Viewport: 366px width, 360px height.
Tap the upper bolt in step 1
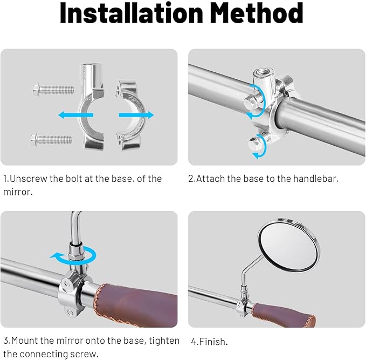(x=54, y=89)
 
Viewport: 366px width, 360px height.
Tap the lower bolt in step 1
(x=51, y=139)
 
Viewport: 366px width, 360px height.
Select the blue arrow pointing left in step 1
(x=75, y=115)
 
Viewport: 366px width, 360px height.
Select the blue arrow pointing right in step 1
(x=136, y=115)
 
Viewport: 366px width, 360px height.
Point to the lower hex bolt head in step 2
(x=254, y=143)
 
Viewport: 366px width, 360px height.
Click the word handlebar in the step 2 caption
(x=315, y=179)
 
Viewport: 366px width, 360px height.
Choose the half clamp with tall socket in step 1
(x=92, y=106)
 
